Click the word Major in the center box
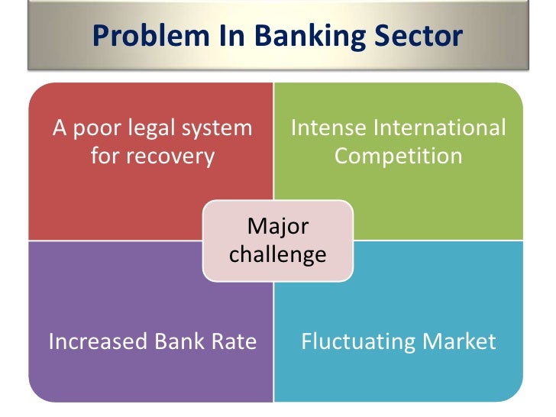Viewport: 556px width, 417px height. pyautogui.click(x=278, y=227)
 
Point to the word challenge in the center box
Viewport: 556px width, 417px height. pyautogui.click(x=278, y=254)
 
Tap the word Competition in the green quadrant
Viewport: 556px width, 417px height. pyautogui.click(x=399, y=156)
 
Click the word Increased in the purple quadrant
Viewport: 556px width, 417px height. pyautogui.click(x=97, y=341)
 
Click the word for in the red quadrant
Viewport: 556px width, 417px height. pyautogui.click(x=106, y=156)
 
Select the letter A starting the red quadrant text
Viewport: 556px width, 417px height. pyautogui.click(x=59, y=128)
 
